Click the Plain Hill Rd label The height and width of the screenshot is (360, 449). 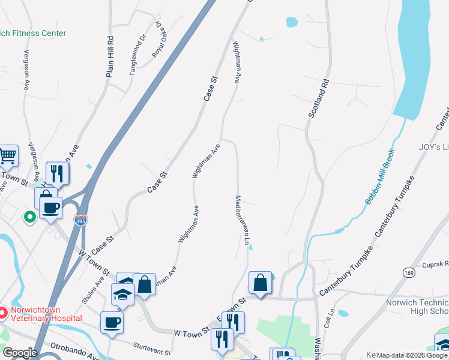click(x=110, y=57)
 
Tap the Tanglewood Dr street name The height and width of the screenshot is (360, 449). click(x=138, y=55)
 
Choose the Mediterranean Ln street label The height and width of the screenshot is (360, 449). click(x=242, y=220)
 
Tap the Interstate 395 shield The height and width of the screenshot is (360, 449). click(x=80, y=221)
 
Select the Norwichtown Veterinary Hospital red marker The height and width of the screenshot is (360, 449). click(x=3, y=313)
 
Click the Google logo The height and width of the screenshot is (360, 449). click(x=20, y=353)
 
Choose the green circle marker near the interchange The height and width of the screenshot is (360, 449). click(x=28, y=217)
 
